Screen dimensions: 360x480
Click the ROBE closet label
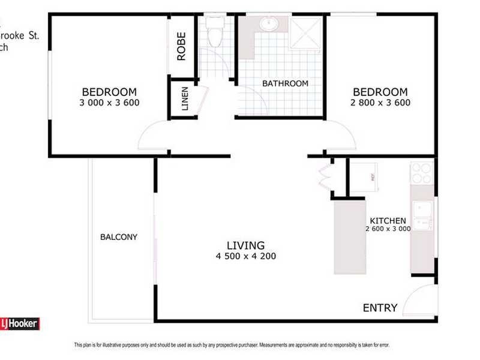click(x=181, y=47)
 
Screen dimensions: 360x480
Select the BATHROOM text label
click(x=286, y=83)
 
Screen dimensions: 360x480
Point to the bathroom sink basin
click(x=268, y=25)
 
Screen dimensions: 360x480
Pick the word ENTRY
click(x=380, y=308)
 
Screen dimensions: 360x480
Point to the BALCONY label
click(x=119, y=237)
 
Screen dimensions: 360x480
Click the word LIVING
click(x=246, y=245)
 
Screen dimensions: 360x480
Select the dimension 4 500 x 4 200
click(x=246, y=257)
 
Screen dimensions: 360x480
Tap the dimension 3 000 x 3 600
click(x=109, y=103)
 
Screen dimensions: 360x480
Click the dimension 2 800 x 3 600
click(x=380, y=103)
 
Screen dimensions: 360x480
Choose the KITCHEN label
click(x=388, y=221)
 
